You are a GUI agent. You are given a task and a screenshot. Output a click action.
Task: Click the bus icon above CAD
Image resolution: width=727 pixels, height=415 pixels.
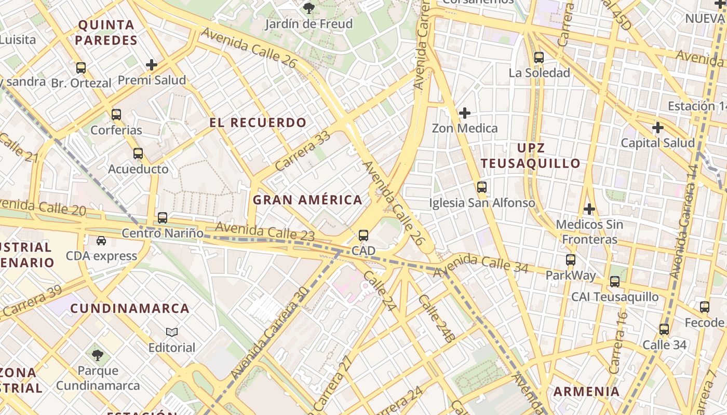point(363,236)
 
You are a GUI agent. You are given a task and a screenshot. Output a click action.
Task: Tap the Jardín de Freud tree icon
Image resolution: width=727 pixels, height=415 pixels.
point(309,8)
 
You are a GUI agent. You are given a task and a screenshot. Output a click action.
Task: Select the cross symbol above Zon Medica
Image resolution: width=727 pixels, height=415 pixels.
point(465,113)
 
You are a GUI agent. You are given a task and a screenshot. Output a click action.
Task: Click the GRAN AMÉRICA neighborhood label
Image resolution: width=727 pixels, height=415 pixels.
point(307,200)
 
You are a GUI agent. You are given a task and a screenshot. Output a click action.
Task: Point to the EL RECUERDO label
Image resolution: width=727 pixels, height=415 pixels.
point(258,123)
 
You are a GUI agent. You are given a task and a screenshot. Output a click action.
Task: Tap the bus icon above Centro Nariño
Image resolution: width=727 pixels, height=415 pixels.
point(163,218)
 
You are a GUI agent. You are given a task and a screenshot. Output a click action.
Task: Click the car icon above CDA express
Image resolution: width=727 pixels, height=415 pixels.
point(101,241)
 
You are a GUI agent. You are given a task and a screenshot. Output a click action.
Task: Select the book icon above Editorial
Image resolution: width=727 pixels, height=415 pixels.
point(172,332)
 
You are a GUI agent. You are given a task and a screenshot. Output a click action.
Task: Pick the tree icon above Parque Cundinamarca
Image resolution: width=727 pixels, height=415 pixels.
point(98,355)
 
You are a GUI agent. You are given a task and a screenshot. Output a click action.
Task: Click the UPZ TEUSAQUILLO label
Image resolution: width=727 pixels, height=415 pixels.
point(530,156)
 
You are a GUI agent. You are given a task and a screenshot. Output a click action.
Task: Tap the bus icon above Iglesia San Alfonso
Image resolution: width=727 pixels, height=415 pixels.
point(482,187)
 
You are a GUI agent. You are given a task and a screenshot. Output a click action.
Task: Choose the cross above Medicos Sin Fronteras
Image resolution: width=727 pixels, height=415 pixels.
point(589,209)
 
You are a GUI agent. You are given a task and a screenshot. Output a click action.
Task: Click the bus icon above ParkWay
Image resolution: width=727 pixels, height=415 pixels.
point(571,260)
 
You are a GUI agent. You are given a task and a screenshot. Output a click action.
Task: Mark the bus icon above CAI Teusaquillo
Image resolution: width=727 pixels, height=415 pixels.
point(615,282)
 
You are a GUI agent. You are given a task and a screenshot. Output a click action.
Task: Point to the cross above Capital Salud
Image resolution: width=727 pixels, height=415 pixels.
point(658,127)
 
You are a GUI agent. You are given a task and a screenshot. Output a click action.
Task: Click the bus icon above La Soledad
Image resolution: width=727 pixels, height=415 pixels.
point(539,58)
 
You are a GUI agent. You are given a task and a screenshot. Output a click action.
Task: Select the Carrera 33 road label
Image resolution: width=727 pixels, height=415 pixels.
point(303,151)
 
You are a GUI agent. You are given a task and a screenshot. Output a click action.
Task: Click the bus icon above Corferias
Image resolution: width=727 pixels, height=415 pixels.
point(116,115)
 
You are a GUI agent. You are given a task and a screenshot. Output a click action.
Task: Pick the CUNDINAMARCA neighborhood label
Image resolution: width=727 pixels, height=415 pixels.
point(130,309)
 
